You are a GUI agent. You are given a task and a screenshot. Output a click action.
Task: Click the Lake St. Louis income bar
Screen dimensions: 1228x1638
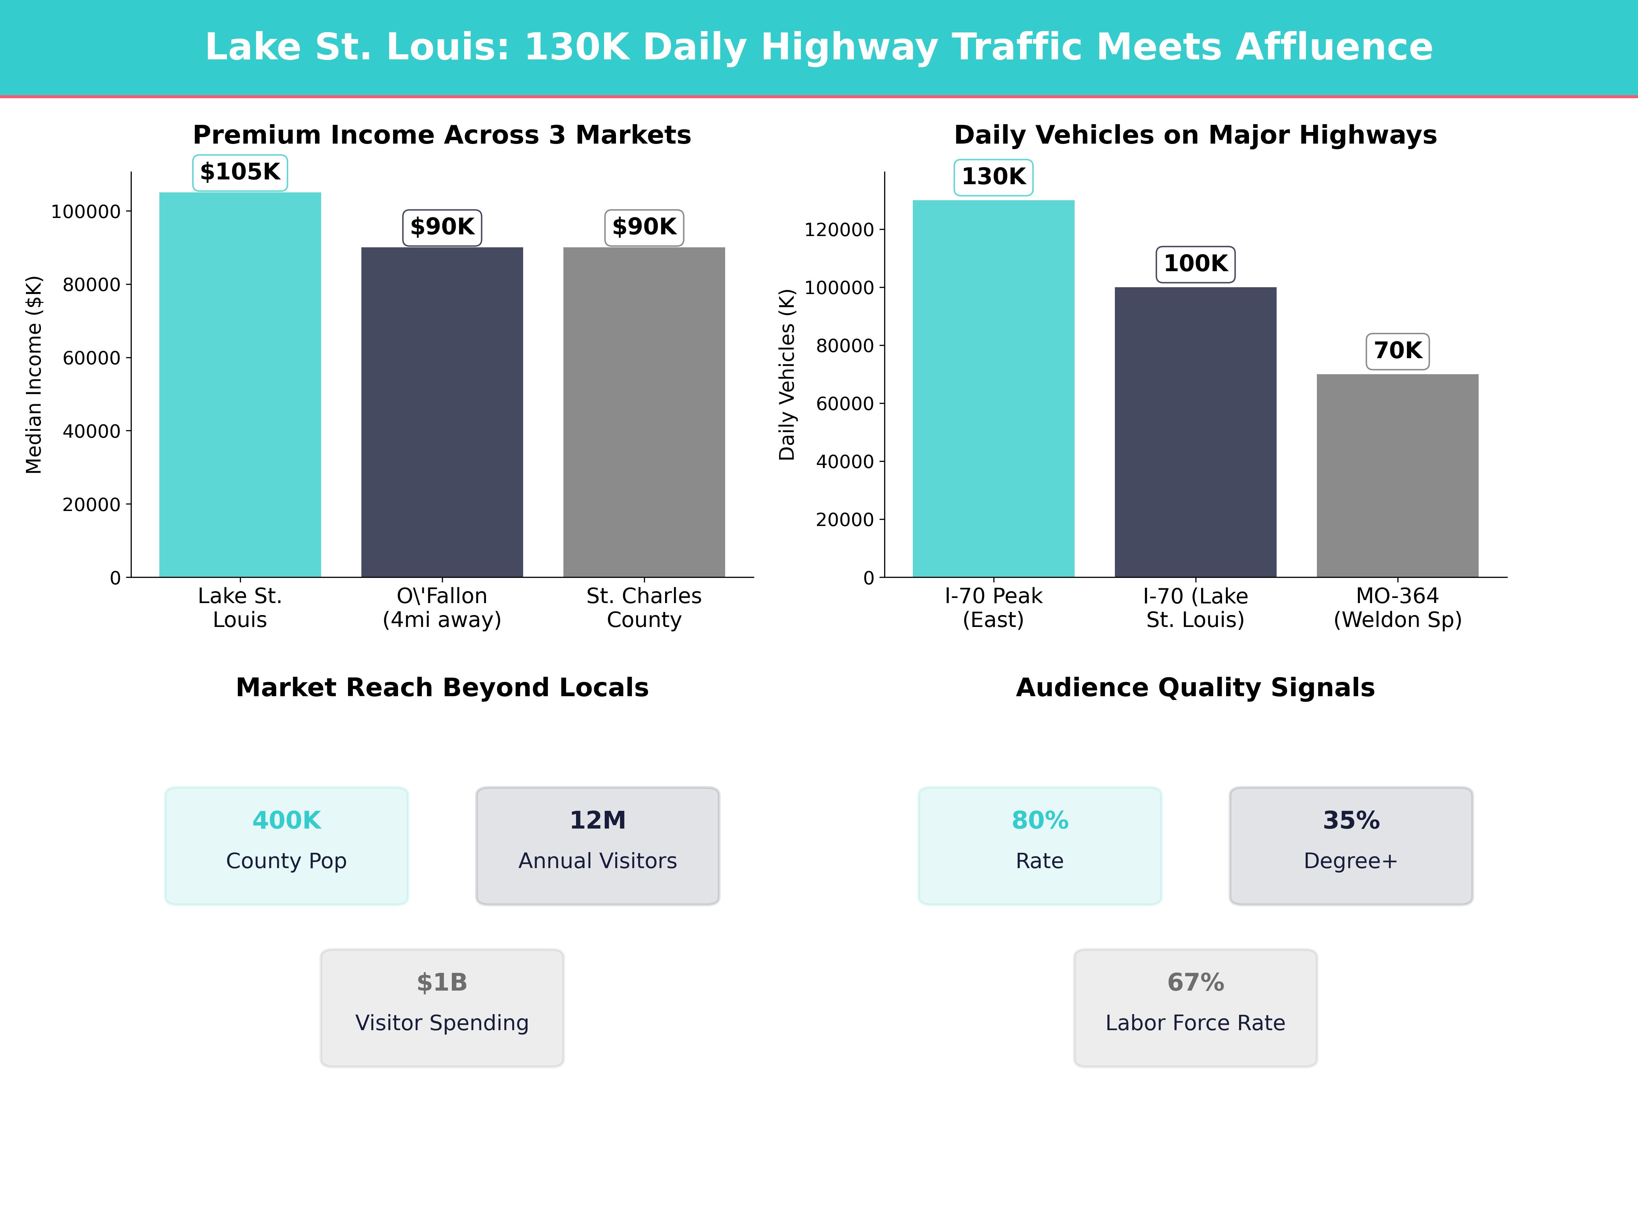[x=240, y=385]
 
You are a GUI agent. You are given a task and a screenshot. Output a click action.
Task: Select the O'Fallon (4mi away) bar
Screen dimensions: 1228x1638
[x=442, y=412]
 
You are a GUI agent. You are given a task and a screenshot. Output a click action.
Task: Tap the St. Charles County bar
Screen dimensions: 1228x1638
[x=644, y=412]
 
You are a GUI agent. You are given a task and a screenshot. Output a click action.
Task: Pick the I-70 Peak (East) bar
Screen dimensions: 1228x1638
[x=993, y=389]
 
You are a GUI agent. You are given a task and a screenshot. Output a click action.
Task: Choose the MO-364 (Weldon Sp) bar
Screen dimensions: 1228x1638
[x=1397, y=476]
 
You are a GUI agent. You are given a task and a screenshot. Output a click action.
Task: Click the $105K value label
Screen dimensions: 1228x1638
[x=240, y=173]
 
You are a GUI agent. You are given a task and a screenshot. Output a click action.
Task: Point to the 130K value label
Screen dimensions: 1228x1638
[x=993, y=177]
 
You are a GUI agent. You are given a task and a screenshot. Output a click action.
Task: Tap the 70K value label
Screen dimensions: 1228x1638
[x=1397, y=351]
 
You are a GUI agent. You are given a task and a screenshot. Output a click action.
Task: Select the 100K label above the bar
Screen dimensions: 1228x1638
[x=1195, y=264]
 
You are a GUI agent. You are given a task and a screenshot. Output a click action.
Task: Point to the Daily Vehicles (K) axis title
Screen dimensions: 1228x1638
[x=787, y=375]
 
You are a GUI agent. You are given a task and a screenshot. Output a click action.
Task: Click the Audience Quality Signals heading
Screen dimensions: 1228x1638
[x=1195, y=688]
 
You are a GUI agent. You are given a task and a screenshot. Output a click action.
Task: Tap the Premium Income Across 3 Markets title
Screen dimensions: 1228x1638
[x=442, y=135]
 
